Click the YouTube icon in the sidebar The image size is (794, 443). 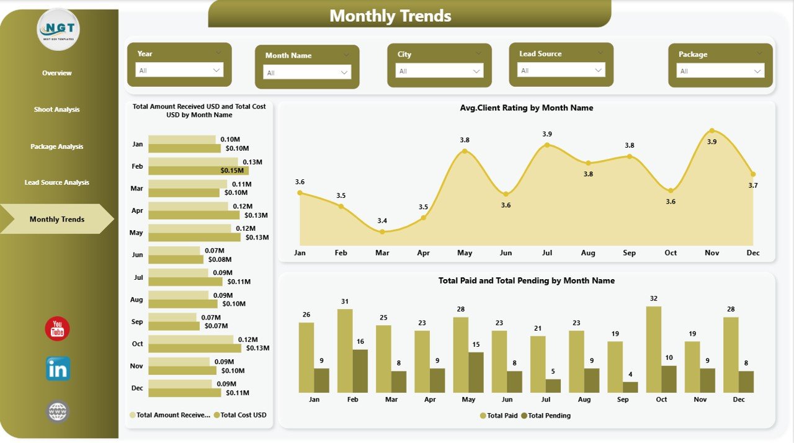pyautogui.click(x=57, y=329)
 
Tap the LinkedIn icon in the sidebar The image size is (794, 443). pyautogui.click(x=58, y=369)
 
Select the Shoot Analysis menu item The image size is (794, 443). pyautogui.click(x=56, y=110)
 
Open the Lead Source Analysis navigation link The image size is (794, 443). pyautogui.click(x=56, y=182)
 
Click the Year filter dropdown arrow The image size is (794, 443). pyautogui.click(x=216, y=70)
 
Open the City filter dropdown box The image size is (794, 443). pyautogui.click(x=440, y=71)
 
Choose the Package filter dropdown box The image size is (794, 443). pyautogui.click(x=720, y=71)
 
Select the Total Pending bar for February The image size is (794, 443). pyautogui.click(x=360, y=371)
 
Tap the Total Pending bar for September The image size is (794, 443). pyautogui.click(x=630, y=387)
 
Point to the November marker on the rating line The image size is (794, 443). pyautogui.click(x=712, y=131)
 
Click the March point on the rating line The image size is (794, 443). pyautogui.click(x=382, y=231)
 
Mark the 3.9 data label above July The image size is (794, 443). pyautogui.click(x=546, y=134)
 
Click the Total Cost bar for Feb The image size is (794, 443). pyautogui.click(x=198, y=170)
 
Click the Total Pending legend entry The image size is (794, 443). pyautogui.click(x=545, y=416)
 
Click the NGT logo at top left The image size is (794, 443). pyautogui.click(x=58, y=29)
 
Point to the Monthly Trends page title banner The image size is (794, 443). pyautogui.click(x=409, y=15)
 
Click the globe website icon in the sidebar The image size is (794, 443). pyautogui.click(x=58, y=411)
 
